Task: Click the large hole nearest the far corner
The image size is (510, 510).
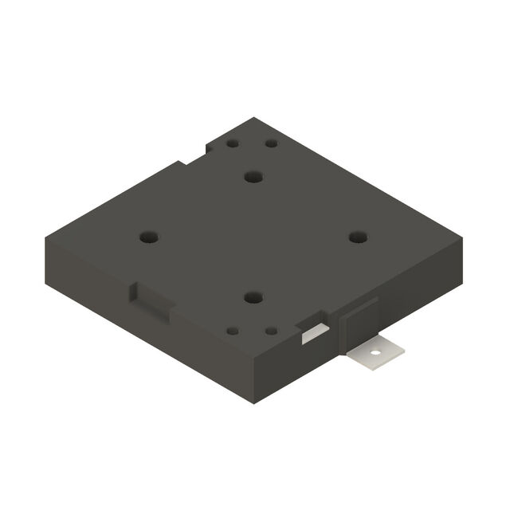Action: click(253, 176)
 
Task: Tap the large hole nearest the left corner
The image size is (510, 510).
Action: click(149, 237)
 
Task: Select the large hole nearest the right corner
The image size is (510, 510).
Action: click(358, 237)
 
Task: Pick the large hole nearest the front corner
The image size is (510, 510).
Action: click(253, 297)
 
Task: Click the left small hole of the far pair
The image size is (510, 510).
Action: click(233, 144)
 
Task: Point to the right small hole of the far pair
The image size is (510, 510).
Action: click(271, 144)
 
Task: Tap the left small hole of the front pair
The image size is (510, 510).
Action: click(233, 330)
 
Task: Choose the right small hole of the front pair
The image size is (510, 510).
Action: click(271, 330)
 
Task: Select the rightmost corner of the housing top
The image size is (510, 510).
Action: click(463, 237)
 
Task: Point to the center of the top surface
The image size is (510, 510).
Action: click(253, 237)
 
